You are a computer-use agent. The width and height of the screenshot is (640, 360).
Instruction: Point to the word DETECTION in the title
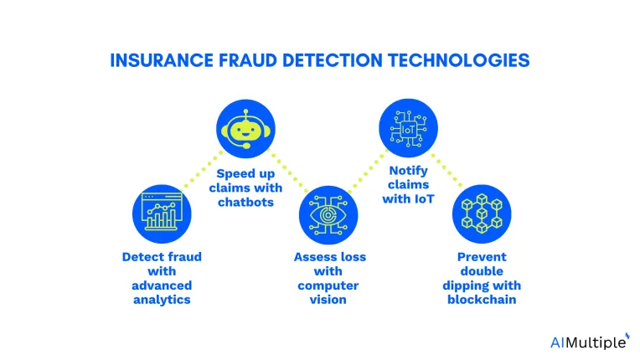coord(333,60)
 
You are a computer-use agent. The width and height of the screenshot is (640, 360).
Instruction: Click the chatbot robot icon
coord(245,129)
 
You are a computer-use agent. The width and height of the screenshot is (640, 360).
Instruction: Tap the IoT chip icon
coord(408,129)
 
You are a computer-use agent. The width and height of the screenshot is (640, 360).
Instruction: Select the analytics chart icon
coord(162,213)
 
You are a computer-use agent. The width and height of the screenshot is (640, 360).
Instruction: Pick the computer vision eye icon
coord(328,215)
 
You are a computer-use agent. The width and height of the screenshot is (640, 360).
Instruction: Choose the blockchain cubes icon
coord(482,213)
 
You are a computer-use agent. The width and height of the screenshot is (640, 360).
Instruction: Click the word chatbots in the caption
coord(245,202)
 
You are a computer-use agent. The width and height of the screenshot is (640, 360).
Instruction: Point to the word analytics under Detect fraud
coord(162,300)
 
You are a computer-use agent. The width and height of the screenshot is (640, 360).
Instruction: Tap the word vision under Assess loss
coord(328,300)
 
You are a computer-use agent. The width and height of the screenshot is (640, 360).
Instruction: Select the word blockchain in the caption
coord(482,300)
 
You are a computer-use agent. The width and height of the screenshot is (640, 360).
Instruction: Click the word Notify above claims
coord(408,171)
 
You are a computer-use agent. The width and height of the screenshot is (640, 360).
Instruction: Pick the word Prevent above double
coord(482,257)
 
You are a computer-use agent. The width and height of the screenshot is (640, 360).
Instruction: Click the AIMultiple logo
coord(590,342)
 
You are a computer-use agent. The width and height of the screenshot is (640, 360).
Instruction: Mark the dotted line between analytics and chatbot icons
coord(204,169)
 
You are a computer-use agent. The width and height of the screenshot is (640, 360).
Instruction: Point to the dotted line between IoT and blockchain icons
coord(447,170)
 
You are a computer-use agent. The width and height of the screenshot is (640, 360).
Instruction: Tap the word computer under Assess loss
coord(328,285)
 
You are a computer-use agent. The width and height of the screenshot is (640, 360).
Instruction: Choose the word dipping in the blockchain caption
coord(462,285)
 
